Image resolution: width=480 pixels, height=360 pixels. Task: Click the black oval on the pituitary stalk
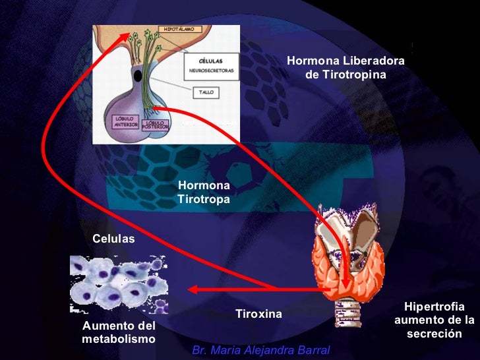coord(137,76)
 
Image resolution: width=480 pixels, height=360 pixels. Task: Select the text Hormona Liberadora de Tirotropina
coord(345,68)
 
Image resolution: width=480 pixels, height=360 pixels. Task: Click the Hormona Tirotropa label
coord(204,192)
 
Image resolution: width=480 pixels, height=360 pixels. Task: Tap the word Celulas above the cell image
coord(113,238)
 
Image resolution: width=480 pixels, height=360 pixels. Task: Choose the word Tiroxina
coord(258,314)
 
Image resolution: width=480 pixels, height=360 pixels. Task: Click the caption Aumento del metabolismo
coord(119,332)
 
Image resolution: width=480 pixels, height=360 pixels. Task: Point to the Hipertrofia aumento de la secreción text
coord(434,320)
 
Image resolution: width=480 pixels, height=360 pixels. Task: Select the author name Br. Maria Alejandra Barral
coord(260,349)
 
